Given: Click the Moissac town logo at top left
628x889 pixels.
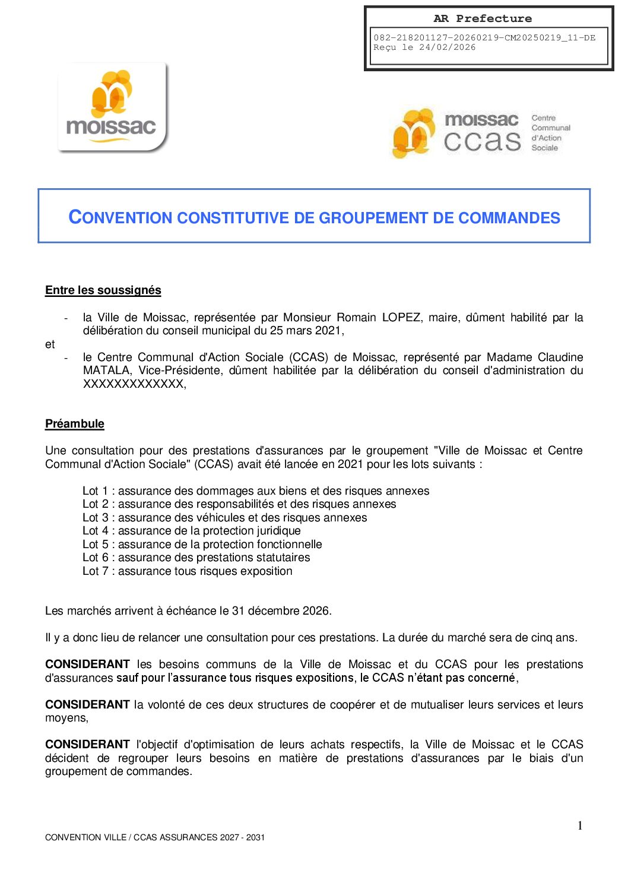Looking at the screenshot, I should tap(112, 107).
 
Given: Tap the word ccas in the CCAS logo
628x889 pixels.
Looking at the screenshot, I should tap(482, 141).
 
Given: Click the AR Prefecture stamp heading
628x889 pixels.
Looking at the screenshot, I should tap(483, 18).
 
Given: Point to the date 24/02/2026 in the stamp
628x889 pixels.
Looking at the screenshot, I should tap(447, 48).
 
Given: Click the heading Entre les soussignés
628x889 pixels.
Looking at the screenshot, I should tap(103, 290).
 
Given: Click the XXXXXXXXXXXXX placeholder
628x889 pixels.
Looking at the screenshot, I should tap(134, 384).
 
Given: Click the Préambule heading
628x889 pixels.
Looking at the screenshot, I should tap(75, 424).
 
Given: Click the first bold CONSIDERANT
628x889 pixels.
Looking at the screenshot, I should tap(87, 665).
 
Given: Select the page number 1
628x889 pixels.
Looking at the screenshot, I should tap(580, 825).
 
